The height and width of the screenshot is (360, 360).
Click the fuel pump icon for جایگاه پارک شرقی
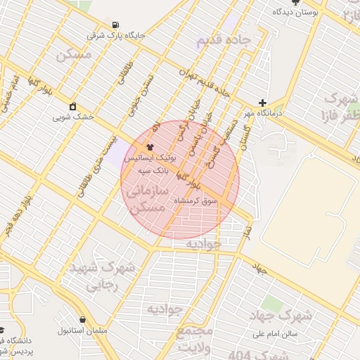tap(115, 23)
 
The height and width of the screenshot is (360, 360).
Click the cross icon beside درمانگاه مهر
tap(262, 102)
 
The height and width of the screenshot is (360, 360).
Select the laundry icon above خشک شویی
tap(72, 107)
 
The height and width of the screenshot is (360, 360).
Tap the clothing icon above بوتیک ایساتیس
tap(150, 147)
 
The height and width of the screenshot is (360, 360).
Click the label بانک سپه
tap(150, 170)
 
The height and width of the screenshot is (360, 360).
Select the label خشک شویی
tap(71, 118)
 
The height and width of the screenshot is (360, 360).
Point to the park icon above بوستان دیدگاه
tap(295, 2)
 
